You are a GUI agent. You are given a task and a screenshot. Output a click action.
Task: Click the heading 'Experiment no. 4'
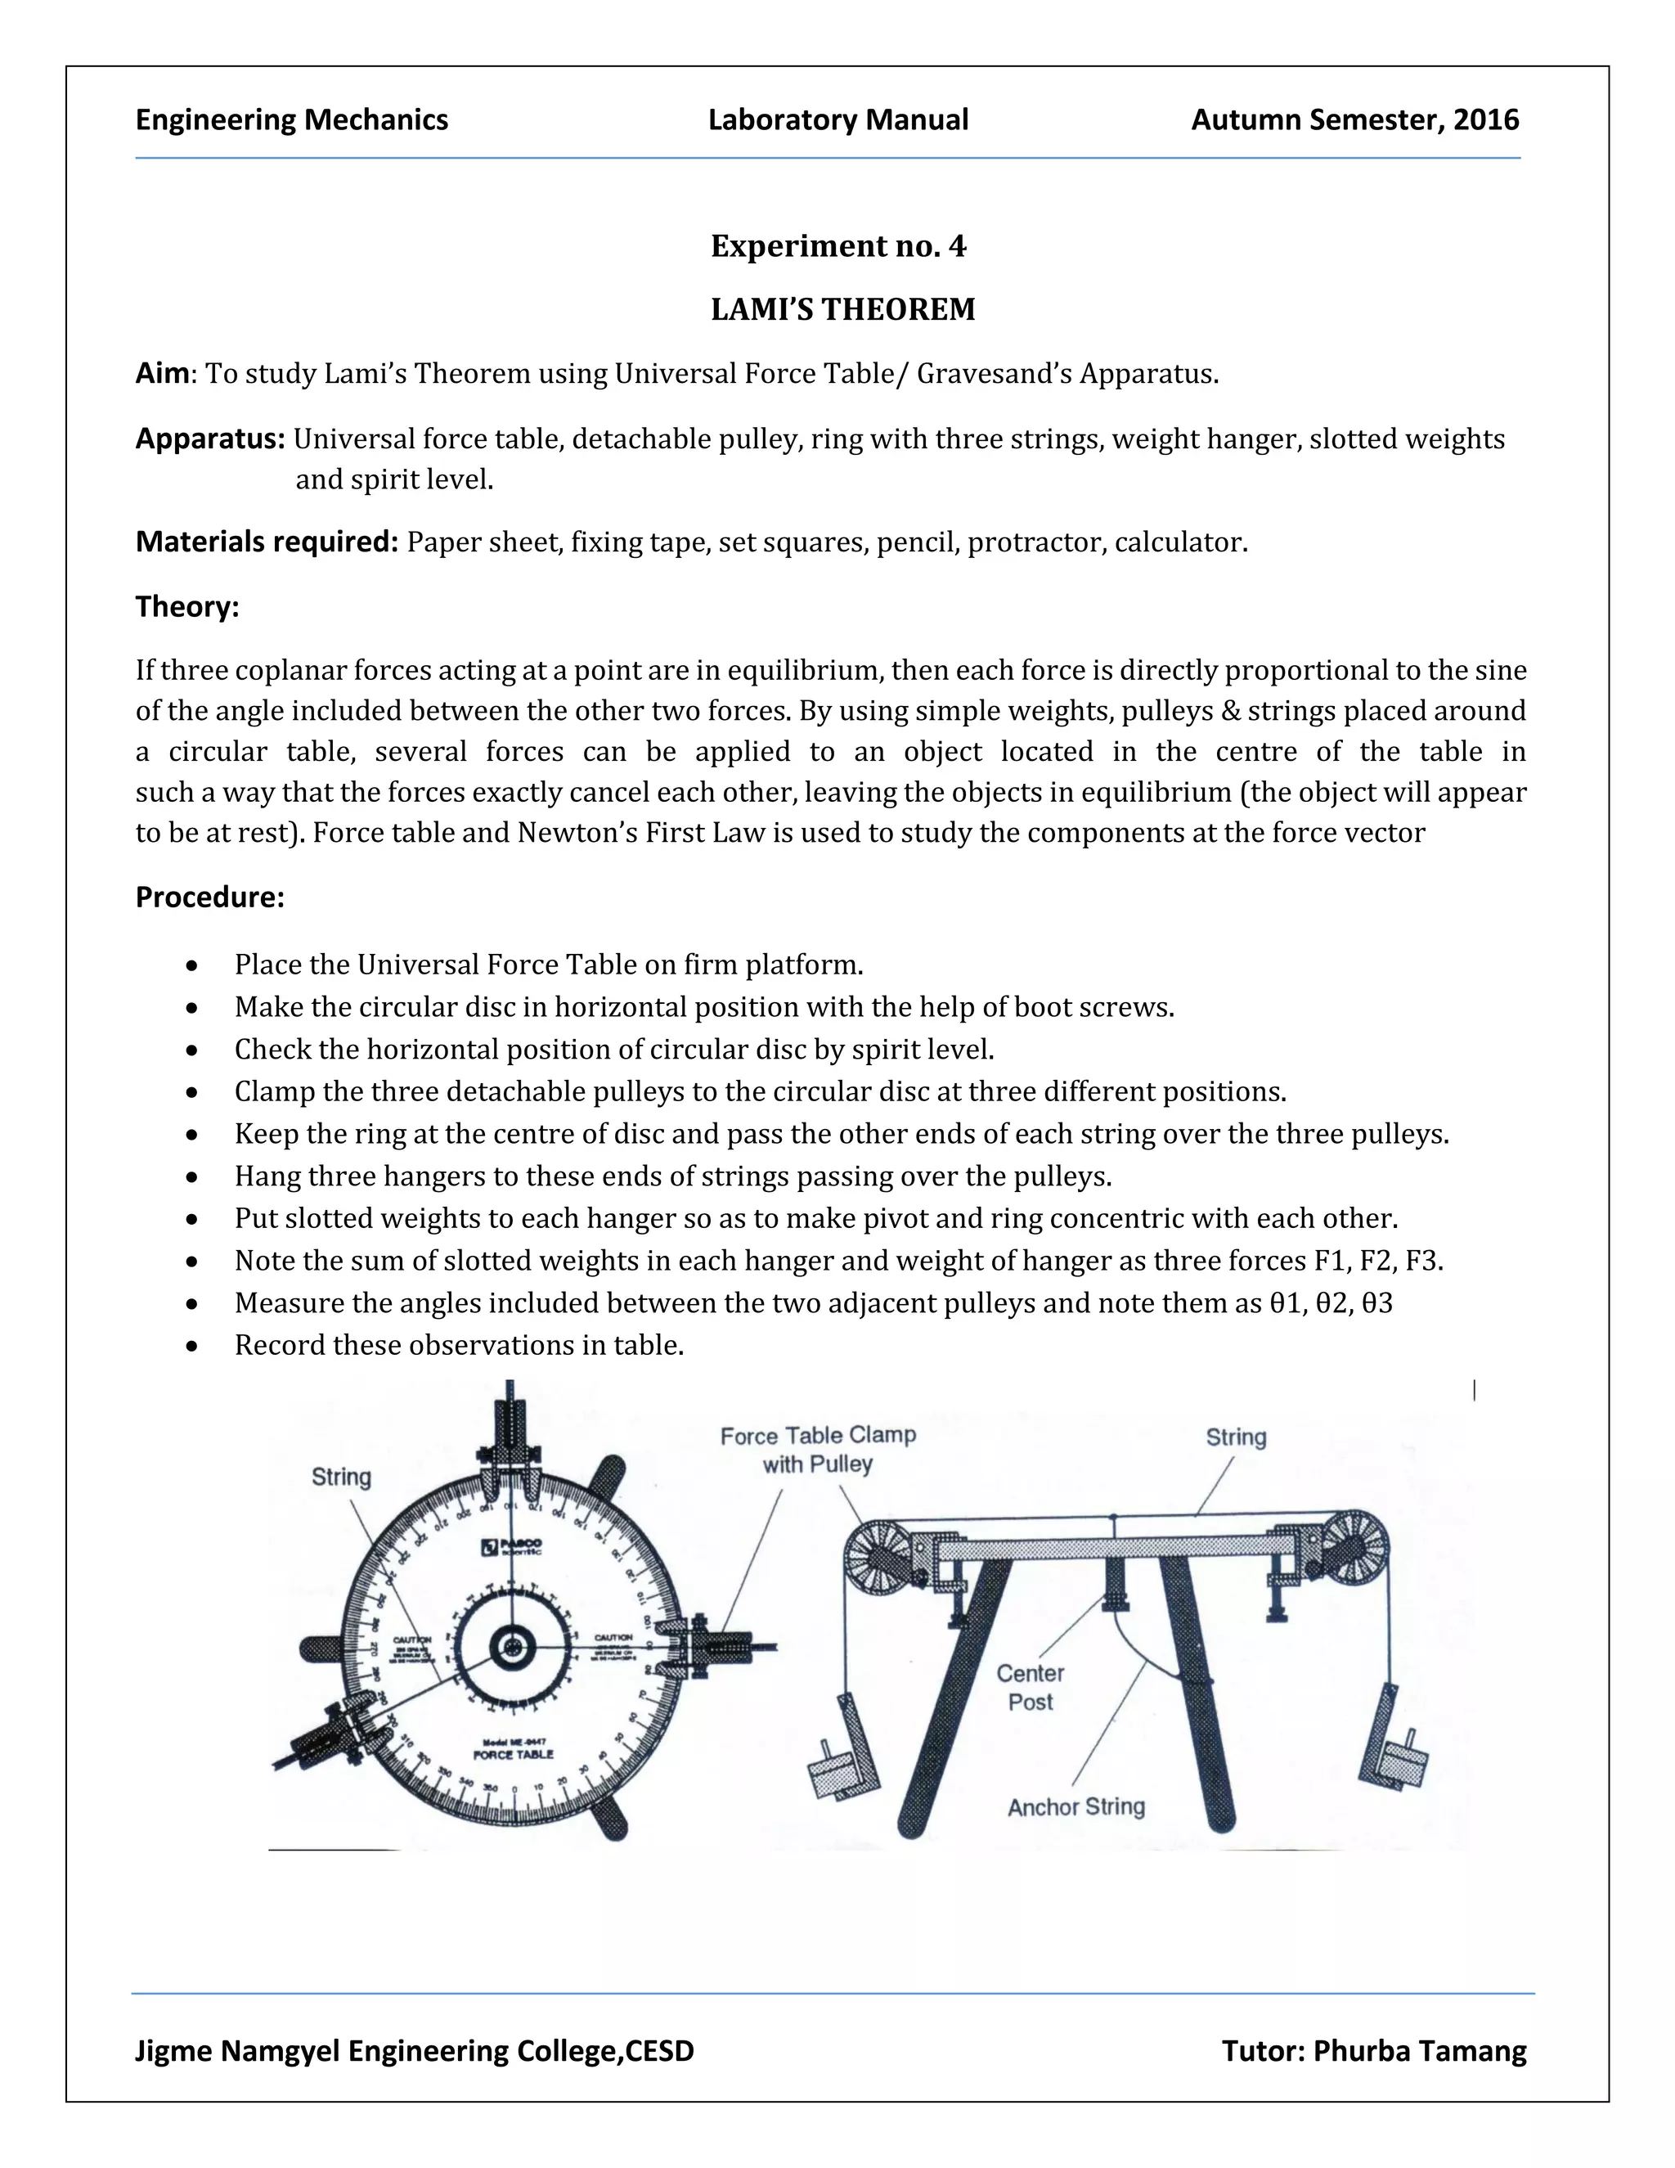837,246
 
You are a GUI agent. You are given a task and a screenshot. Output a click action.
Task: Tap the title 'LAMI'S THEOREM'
842,310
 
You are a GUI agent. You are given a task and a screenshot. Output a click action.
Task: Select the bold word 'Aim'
162,373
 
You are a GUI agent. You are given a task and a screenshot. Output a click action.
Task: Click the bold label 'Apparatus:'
210,439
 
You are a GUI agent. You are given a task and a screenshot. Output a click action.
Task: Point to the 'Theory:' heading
186,606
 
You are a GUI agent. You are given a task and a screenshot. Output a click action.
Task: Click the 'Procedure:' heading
209,897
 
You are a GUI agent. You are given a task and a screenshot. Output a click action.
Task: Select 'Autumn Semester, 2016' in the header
1354,120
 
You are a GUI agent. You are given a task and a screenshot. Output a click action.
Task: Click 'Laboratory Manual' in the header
837,120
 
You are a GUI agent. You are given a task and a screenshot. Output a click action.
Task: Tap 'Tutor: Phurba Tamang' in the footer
1373,2051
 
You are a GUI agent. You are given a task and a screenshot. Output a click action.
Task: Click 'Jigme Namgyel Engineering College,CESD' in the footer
414,2051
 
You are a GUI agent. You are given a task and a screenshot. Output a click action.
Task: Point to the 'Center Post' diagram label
1030,1688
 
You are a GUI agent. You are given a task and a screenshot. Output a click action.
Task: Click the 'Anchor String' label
1076,1806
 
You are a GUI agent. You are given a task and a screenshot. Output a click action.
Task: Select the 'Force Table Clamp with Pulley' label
818,1450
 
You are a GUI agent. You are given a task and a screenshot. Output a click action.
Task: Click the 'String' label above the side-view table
1236,1437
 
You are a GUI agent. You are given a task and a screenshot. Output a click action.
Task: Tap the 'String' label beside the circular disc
341,1477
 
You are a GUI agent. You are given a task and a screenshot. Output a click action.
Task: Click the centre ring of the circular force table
512,1648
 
